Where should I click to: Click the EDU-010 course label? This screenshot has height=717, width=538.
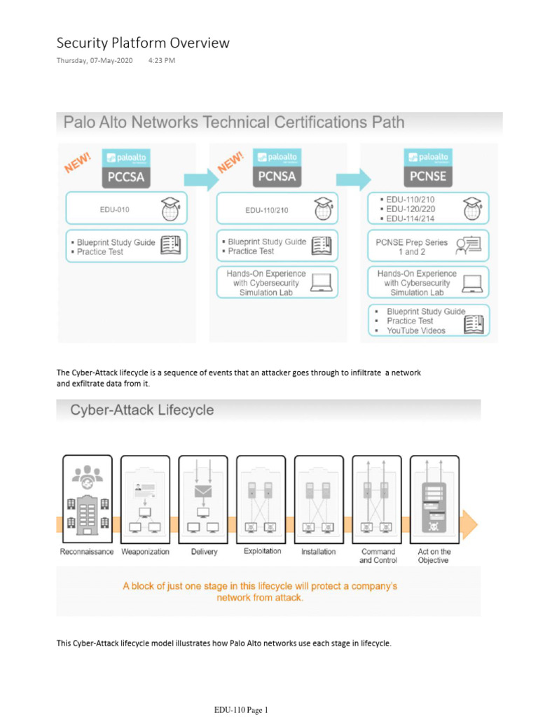[x=115, y=209]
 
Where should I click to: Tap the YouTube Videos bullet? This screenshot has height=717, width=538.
[x=416, y=330]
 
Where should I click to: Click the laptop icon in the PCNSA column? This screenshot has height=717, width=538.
[x=322, y=282]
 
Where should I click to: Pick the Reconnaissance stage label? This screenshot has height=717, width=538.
[x=87, y=552]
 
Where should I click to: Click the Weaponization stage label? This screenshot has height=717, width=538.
[x=145, y=552]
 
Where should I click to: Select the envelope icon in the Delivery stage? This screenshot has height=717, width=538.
[x=203, y=491]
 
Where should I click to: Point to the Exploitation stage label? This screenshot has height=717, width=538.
[x=262, y=551]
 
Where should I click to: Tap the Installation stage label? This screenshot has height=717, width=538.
[x=319, y=552]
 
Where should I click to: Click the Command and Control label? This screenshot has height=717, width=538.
[x=377, y=556]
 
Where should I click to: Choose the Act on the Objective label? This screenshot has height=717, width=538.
[x=434, y=556]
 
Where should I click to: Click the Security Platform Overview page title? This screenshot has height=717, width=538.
[x=143, y=43]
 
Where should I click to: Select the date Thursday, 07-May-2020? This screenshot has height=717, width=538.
[x=95, y=60]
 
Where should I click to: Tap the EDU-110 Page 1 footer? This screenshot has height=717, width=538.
[x=241, y=710]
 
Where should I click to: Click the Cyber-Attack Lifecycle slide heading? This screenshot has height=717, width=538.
[x=142, y=410]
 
